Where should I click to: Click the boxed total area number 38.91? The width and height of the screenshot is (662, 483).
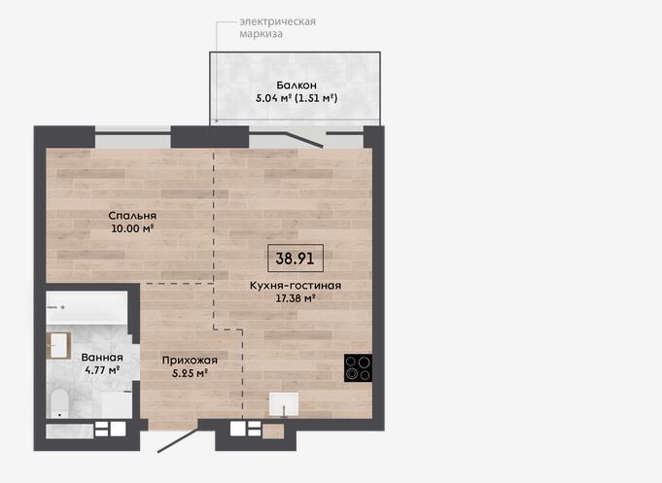coord(296,258)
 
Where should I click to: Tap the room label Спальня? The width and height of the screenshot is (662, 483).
coord(132,216)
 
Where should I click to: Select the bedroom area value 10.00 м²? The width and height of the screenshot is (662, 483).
coord(132,228)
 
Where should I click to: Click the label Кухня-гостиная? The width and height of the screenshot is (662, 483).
coord(296,286)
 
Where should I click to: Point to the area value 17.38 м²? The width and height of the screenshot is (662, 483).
coord(296,298)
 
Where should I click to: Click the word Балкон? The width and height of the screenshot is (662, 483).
coord(296,86)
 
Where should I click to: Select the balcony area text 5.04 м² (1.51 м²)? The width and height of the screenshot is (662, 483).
coord(296,98)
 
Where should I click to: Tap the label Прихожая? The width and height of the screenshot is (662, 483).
coord(190,361)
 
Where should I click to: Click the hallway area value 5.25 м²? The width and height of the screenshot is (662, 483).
coord(190,373)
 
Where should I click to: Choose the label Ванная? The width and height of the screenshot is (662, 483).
coord(102,358)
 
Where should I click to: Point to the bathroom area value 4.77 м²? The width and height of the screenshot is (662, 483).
coord(102,370)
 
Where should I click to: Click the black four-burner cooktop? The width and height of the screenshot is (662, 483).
coord(358,367)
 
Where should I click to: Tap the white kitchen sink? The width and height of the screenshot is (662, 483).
coord(284,404)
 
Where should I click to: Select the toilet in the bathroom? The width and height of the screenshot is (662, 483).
coord(59,403)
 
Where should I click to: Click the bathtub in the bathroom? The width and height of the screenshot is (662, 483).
coord(87,307)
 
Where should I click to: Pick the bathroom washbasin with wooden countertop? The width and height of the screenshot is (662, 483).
coord(58,346)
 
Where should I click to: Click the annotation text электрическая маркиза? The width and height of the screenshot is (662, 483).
coord(277,27)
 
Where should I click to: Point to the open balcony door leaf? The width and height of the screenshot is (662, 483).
coord(305,140)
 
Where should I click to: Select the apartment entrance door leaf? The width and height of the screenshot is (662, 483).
coord(178,440)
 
